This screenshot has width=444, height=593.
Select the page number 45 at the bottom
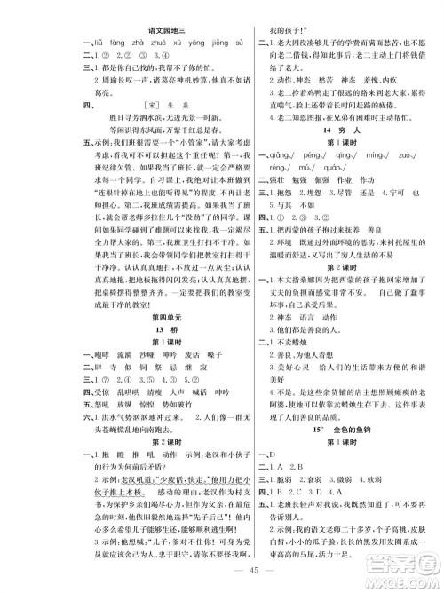(223, 574)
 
